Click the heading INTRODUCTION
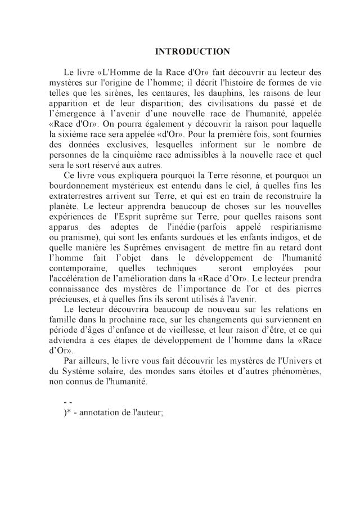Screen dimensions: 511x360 [192, 52]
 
